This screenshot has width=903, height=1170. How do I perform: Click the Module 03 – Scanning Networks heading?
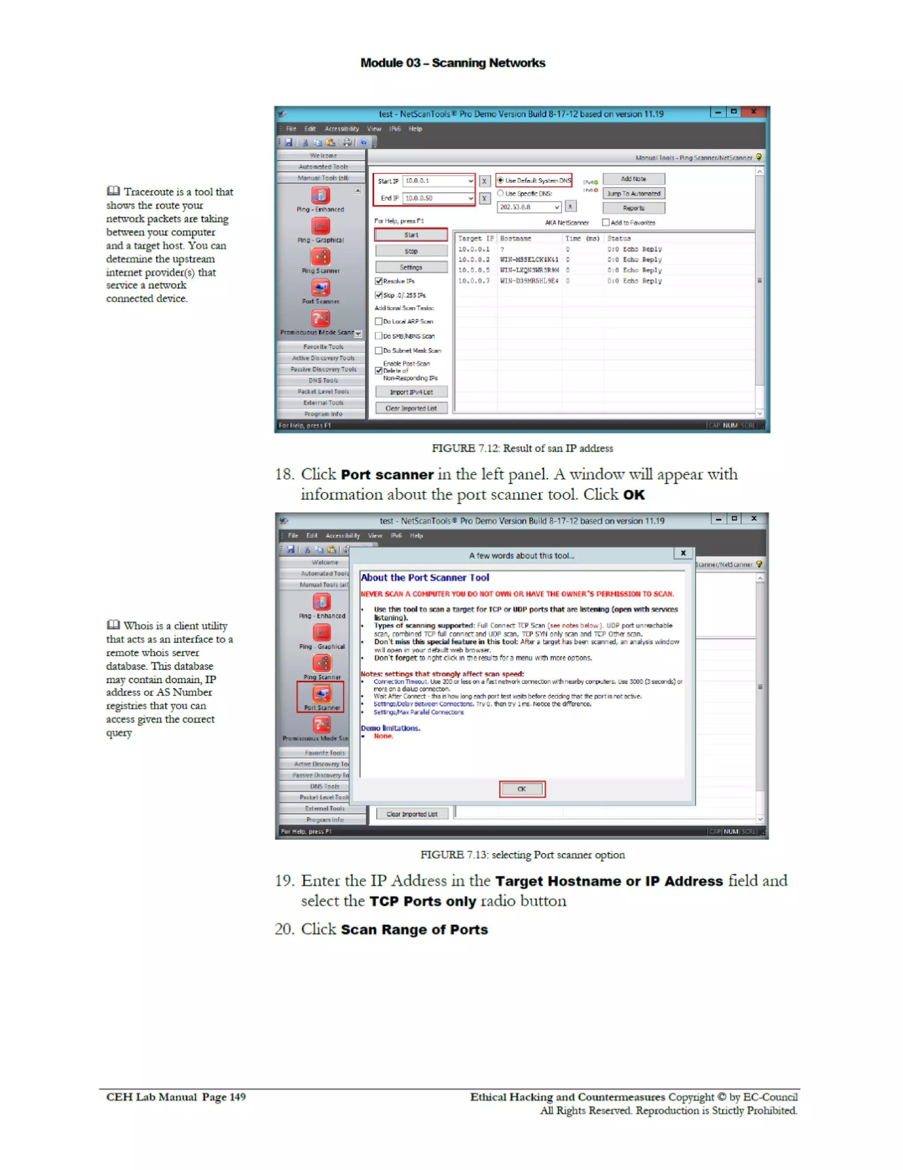point(452,63)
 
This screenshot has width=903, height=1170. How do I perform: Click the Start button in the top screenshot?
point(410,235)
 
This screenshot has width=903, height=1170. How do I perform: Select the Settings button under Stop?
point(410,267)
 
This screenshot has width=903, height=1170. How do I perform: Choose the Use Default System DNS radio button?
point(500,181)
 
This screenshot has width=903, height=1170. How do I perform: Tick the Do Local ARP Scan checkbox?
point(378,321)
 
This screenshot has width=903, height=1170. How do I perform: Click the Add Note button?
point(633,179)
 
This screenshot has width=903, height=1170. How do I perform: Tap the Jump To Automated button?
point(633,193)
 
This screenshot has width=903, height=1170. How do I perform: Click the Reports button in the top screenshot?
point(633,208)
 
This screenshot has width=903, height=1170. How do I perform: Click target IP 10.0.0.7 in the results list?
point(473,281)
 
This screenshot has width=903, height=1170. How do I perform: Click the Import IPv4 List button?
point(410,392)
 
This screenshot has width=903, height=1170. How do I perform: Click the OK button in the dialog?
point(521,789)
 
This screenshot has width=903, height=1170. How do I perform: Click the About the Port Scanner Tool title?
point(425,578)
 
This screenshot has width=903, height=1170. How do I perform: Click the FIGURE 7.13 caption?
point(522,854)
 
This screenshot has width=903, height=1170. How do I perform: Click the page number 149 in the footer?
point(237,1097)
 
